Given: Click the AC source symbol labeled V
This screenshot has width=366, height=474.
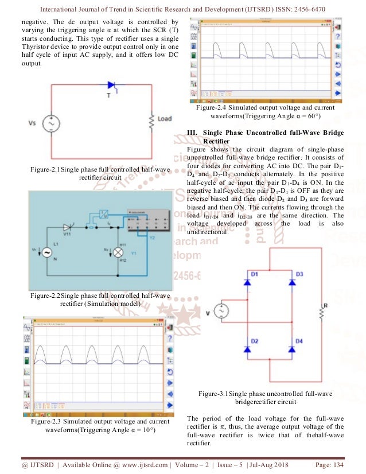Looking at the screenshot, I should point(220,312).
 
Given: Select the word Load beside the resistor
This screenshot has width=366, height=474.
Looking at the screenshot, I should point(165,119).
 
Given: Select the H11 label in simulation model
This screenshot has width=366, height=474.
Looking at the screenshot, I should point(122,245).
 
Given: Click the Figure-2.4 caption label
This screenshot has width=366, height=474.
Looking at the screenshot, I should point(214,107).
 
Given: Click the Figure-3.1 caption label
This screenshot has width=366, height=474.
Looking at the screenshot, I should point(216,394).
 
